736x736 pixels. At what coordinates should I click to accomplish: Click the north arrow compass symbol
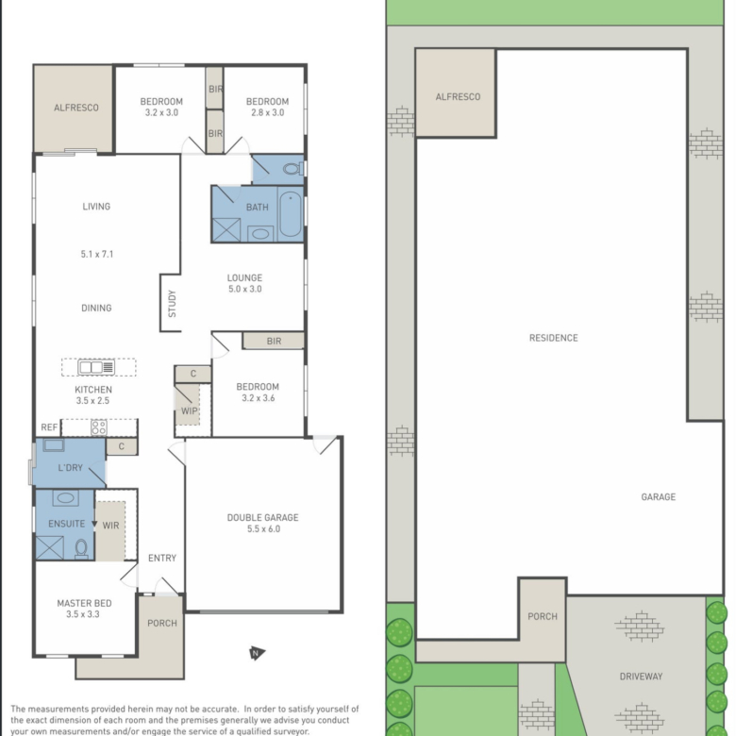[257, 653]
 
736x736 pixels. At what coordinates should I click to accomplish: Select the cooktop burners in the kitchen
[98, 427]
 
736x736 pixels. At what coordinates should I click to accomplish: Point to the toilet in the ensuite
[81, 548]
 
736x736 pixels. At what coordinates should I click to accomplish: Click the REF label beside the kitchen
[49, 427]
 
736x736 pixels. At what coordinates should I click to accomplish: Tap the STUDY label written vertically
[172, 304]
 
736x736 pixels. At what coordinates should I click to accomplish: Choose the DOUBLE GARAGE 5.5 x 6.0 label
[263, 523]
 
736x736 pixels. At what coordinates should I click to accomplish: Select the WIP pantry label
[189, 410]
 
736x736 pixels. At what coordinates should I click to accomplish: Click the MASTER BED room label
[85, 603]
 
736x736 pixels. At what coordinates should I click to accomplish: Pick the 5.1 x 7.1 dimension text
[96, 254]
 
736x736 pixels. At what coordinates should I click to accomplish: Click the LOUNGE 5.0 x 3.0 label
[244, 283]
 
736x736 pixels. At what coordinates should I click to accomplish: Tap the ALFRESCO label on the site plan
[458, 96]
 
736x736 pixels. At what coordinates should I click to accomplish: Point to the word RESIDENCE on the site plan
[553, 338]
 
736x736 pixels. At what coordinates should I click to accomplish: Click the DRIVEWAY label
[641, 677]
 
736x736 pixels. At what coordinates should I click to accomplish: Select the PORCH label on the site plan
[543, 616]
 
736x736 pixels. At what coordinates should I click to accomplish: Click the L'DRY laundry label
[71, 467]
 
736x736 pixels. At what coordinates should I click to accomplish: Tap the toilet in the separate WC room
[293, 168]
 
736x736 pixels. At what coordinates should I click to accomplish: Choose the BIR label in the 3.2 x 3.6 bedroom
[275, 342]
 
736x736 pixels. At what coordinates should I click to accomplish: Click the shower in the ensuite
[49, 548]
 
